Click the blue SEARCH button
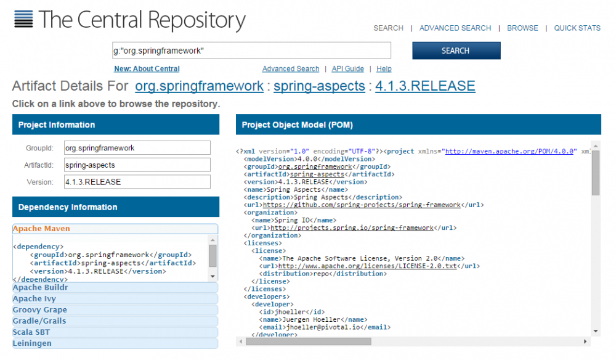pyautogui.click(x=456, y=51)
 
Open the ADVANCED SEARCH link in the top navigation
pyautogui.click(x=455, y=28)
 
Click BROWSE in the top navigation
pyautogui.click(x=522, y=28)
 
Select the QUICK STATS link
pyautogui.click(x=577, y=28)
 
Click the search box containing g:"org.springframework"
pyautogui.click(x=251, y=51)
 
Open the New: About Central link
pyautogui.click(x=147, y=69)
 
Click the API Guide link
pyautogui.click(x=347, y=69)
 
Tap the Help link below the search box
pyautogui.click(x=384, y=69)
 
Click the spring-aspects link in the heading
pyautogui.click(x=319, y=86)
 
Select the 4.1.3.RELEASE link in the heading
pyautogui.click(x=425, y=86)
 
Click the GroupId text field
pyautogui.click(x=137, y=148)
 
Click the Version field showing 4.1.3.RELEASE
pyautogui.click(x=137, y=182)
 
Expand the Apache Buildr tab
pyautogui.click(x=115, y=287)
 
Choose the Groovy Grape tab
pyautogui.click(x=115, y=309)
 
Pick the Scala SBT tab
pyautogui.click(x=115, y=332)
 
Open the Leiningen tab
pyautogui.click(x=115, y=343)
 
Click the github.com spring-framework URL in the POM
pyautogui.click(x=362, y=205)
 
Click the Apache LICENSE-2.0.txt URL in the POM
pyautogui.click(x=367, y=266)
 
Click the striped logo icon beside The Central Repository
pyautogui.click(x=23, y=19)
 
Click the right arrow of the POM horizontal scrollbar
pyautogui.click(x=585, y=342)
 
